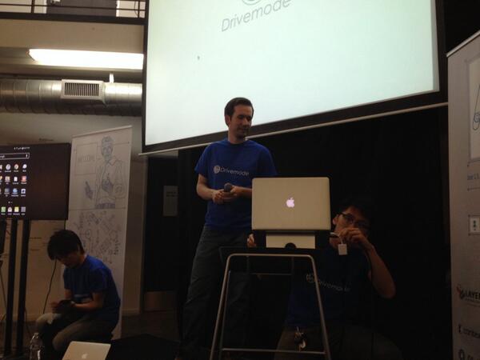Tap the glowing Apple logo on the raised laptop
[x=290, y=202]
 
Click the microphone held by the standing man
[x=228, y=188]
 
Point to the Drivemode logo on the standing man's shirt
[x=233, y=169]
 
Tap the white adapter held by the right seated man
[x=342, y=248]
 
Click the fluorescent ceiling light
[x=86, y=58]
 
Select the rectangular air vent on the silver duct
[x=82, y=90]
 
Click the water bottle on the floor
[x=35, y=345]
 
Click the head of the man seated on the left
[x=64, y=244]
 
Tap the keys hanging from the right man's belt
[x=301, y=339]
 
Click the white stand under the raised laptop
[x=290, y=240]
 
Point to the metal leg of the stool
[x=218, y=312]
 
